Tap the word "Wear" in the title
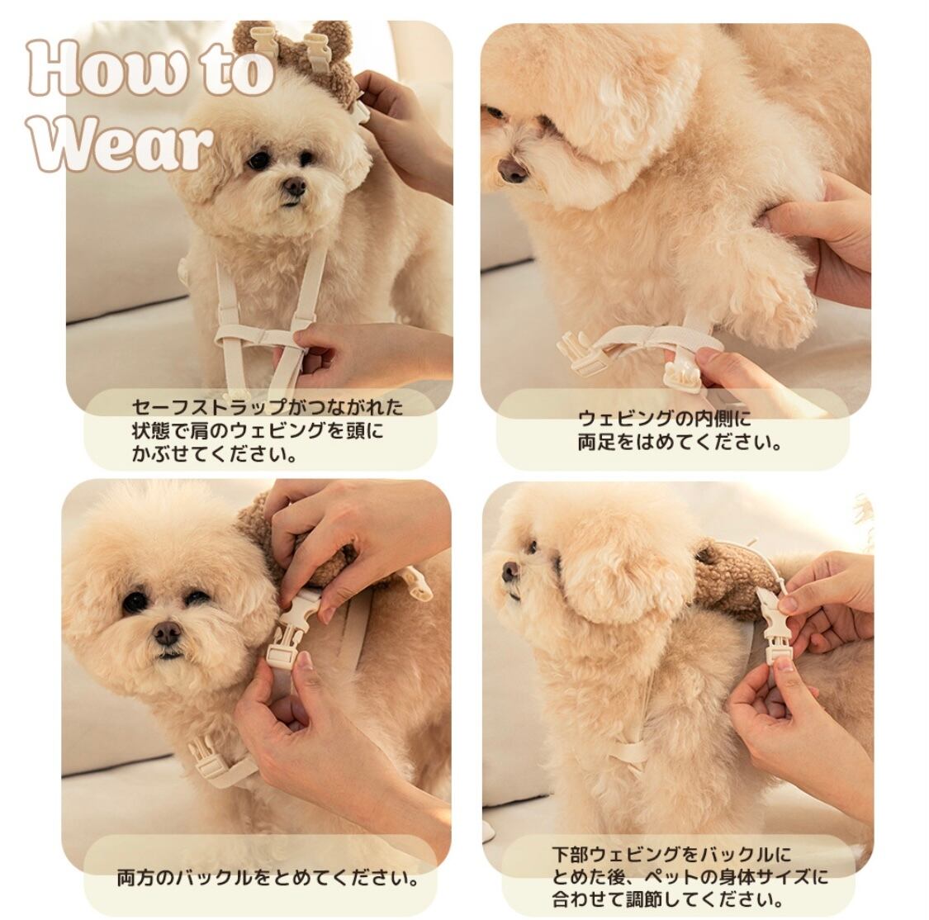coord(121,143)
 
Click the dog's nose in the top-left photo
coord(294,187)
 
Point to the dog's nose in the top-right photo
coord(512,170)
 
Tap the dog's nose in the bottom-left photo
coord(167,633)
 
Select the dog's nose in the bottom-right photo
coord(510,571)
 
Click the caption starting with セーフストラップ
coord(267,430)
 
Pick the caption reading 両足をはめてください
coord(680,430)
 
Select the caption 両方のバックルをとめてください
coord(268,877)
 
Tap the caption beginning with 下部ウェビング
coord(690,877)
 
